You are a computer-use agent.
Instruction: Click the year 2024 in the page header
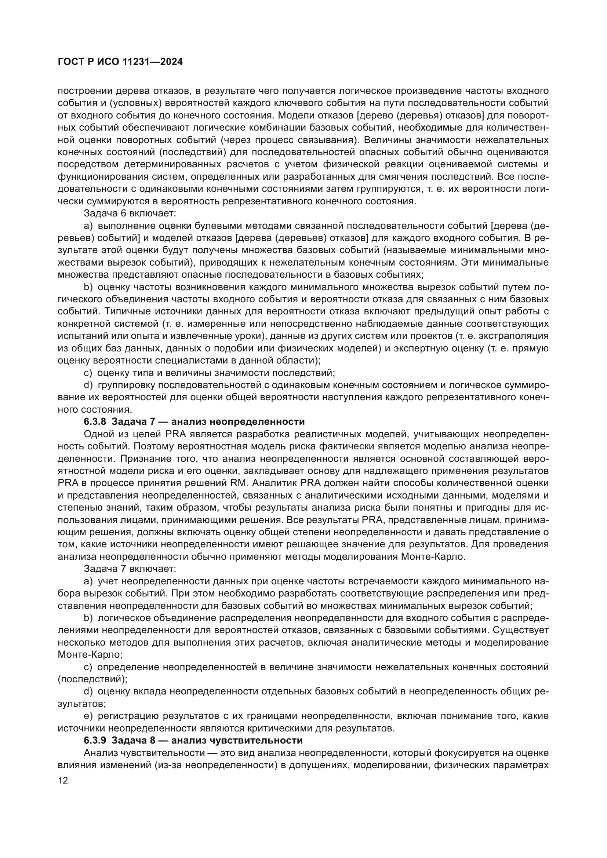coord(171,62)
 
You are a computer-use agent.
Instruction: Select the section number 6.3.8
coord(95,421)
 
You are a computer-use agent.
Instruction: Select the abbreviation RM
coord(241,483)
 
